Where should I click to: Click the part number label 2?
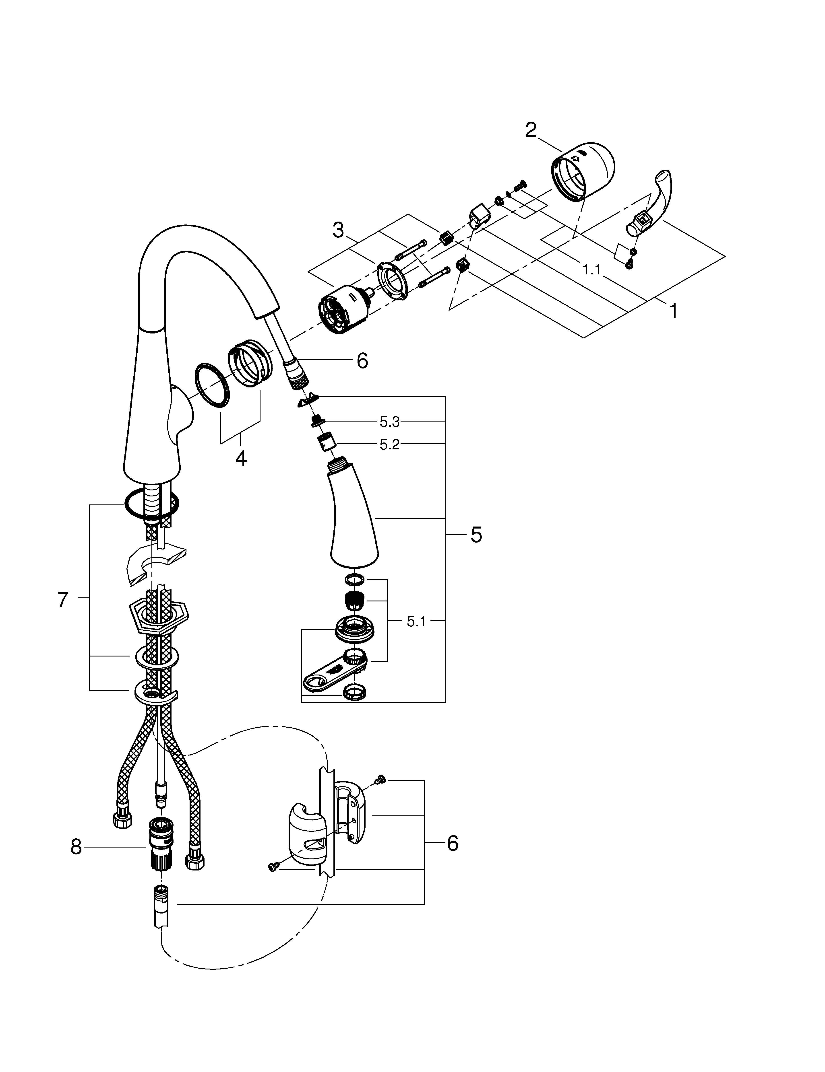click(531, 131)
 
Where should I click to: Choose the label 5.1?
click(416, 622)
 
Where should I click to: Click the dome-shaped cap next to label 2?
click(584, 172)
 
